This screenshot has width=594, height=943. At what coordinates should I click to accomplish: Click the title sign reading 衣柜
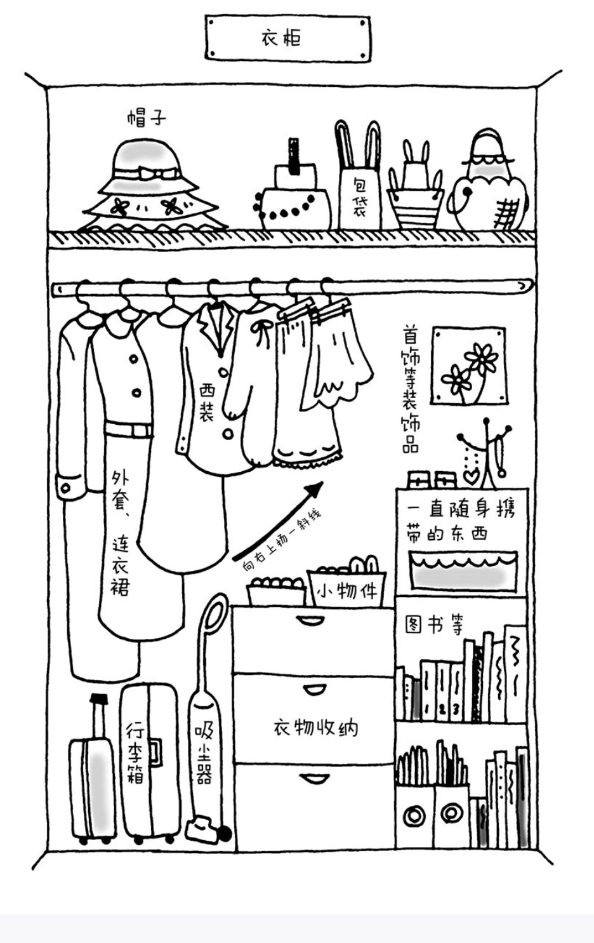point(287,38)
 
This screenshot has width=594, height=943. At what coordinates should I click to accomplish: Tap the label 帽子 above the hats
point(146,117)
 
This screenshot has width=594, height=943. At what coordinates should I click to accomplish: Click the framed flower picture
point(469,366)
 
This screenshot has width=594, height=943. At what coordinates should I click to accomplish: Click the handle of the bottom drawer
point(313,778)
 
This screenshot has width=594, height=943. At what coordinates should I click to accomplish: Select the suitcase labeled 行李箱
point(150,762)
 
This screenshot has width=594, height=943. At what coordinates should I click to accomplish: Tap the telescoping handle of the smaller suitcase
point(98,714)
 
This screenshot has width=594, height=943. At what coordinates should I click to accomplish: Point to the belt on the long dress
point(129,430)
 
